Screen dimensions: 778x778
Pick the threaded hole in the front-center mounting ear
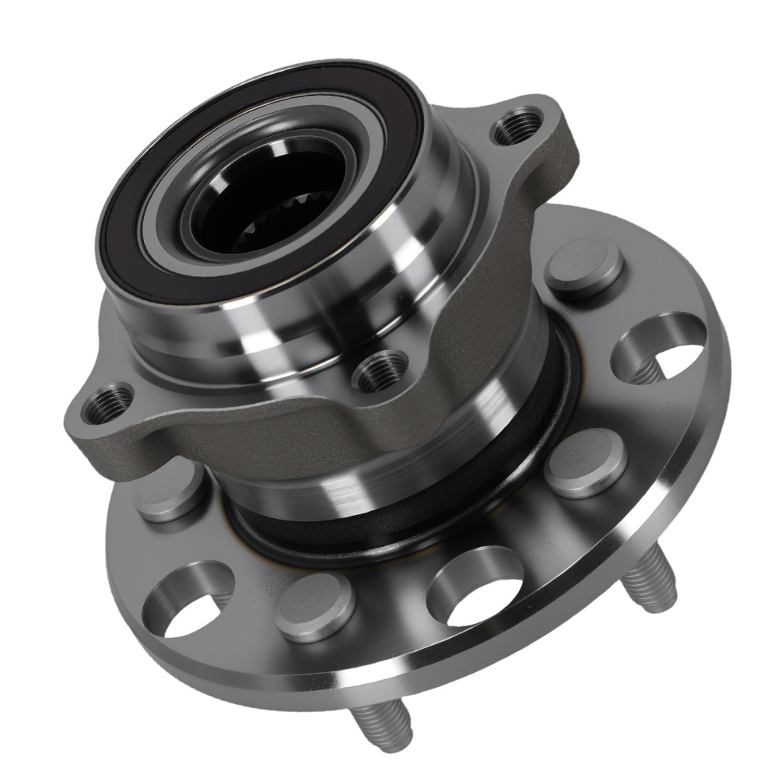tap(380, 369)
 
